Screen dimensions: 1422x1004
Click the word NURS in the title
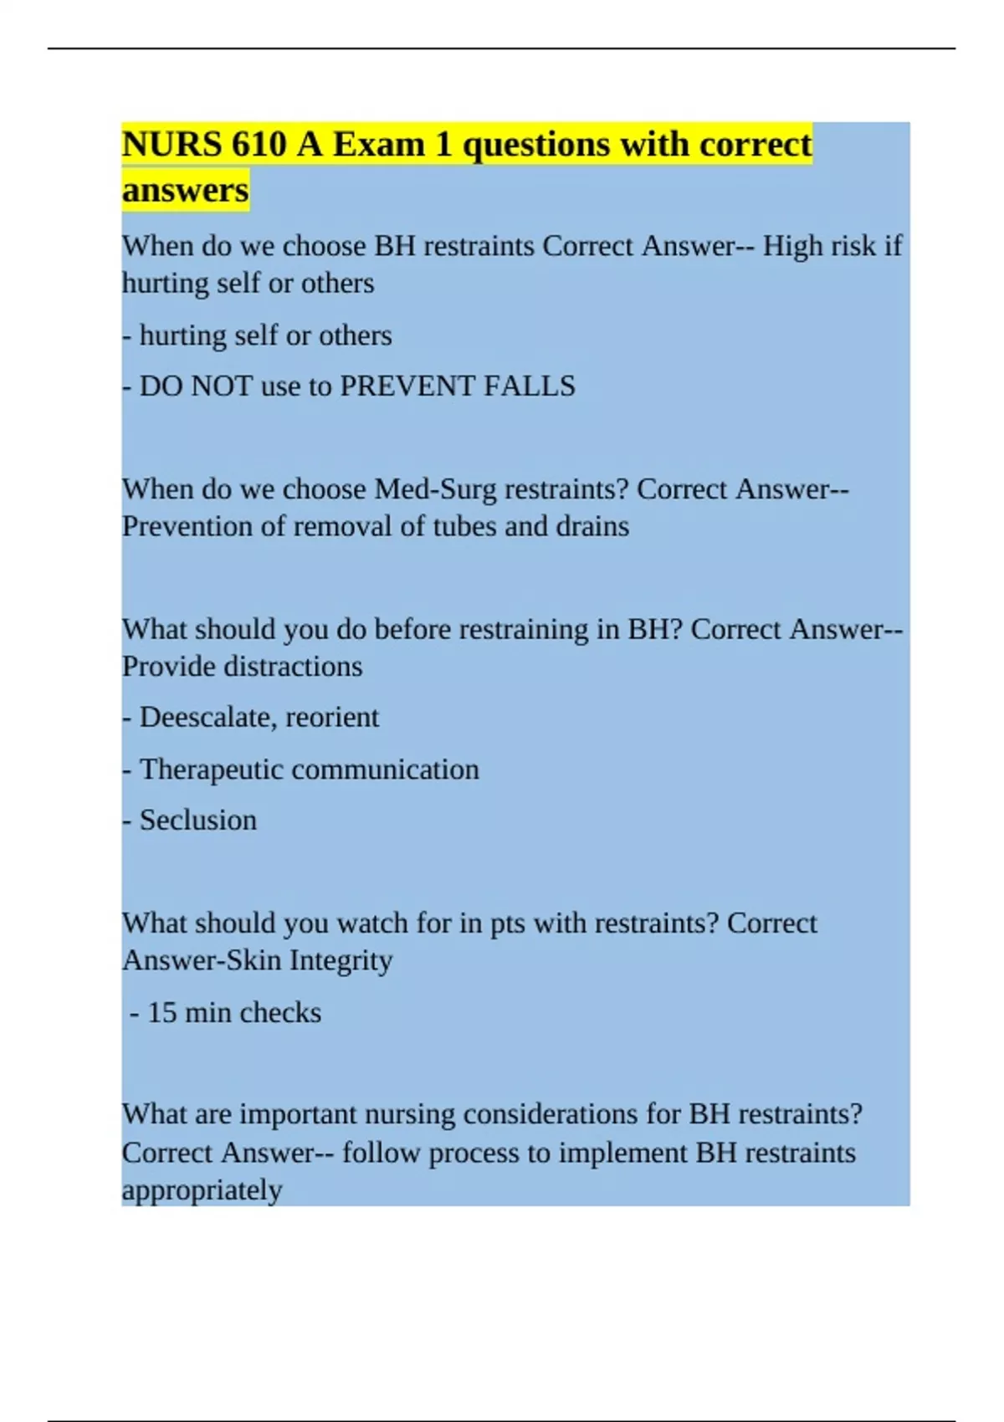171,145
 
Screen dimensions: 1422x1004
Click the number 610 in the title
259,145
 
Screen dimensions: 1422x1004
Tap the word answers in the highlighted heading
185,190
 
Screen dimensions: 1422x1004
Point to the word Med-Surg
435,488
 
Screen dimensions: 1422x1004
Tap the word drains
593,526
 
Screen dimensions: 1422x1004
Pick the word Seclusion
198,821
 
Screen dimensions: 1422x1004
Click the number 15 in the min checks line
162,1013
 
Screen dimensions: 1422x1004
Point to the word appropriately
202,1190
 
